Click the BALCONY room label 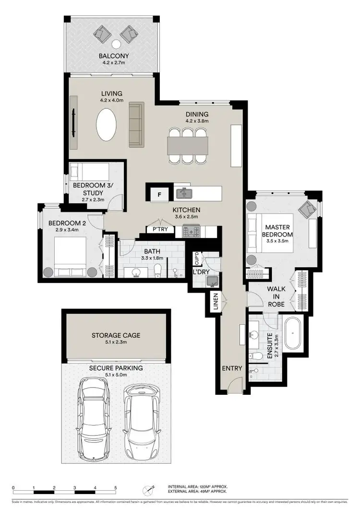point(114,55)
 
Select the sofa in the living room point(136,124)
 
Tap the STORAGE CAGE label point(116,335)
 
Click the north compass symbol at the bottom point(148,491)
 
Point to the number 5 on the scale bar point(115,487)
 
